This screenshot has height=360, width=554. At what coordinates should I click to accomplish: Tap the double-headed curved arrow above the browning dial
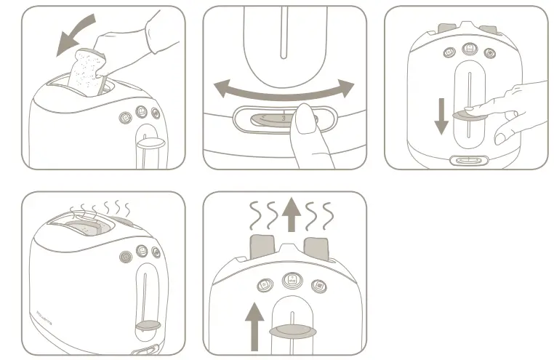click(x=284, y=95)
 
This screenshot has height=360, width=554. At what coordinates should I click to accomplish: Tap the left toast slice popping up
click(x=262, y=247)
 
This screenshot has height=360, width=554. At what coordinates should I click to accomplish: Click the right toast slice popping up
click(x=321, y=247)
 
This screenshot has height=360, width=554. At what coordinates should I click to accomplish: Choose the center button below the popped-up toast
click(x=291, y=279)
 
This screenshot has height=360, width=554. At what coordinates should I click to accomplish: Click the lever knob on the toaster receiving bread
click(x=148, y=144)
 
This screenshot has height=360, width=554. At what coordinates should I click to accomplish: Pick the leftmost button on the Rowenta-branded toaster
click(x=124, y=255)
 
